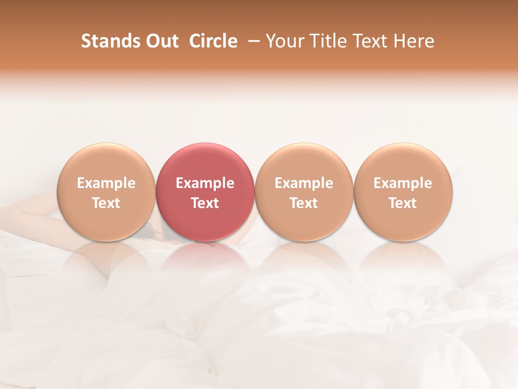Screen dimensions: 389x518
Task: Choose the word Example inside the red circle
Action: (x=205, y=183)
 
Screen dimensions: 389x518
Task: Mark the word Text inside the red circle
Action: (x=205, y=203)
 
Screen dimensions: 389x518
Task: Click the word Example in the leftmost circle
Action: (x=106, y=183)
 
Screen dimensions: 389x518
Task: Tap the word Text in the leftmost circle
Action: (x=106, y=203)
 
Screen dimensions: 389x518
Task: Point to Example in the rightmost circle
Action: (x=403, y=183)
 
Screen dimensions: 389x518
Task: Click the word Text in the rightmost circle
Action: (x=403, y=203)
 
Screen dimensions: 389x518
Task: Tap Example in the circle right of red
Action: (x=304, y=183)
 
